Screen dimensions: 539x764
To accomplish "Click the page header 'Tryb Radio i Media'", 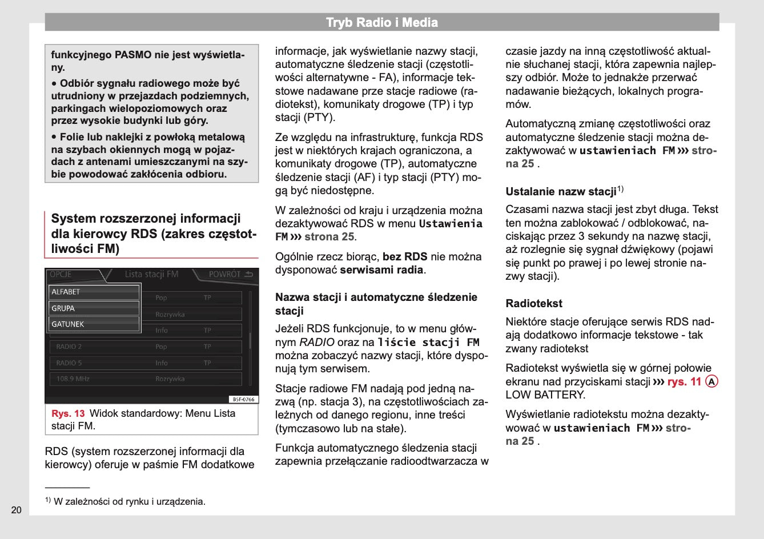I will click(381, 23).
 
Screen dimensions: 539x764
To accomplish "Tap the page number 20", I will click(16, 510).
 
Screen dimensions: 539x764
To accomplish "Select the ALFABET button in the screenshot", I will click(94, 292).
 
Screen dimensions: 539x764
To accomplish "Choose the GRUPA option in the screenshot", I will click(94, 308).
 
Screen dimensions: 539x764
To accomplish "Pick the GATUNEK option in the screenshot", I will click(94, 324).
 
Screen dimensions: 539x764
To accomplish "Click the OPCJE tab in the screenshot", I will click(61, 275).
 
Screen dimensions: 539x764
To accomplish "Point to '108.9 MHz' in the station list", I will click(73, 379).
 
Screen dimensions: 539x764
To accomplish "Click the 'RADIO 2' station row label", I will click(69, 347).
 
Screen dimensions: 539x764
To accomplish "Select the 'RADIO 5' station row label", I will click(69, 363).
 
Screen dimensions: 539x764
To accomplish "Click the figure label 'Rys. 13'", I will click(68, 413).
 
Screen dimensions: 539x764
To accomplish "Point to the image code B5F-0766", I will click(244, 399).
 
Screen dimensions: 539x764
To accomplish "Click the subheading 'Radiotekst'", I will click(534, 304).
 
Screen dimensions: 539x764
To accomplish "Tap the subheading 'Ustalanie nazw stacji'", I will click(561, 192).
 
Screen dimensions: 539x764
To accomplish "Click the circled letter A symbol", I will click(711, 381).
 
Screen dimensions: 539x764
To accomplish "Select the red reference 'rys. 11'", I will click(684, 381).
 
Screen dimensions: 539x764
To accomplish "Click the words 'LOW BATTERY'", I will click(545, 395).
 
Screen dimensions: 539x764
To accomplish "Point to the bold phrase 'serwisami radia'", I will click(381, 270).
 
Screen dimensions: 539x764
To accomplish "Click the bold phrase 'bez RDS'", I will click(405, 257).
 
